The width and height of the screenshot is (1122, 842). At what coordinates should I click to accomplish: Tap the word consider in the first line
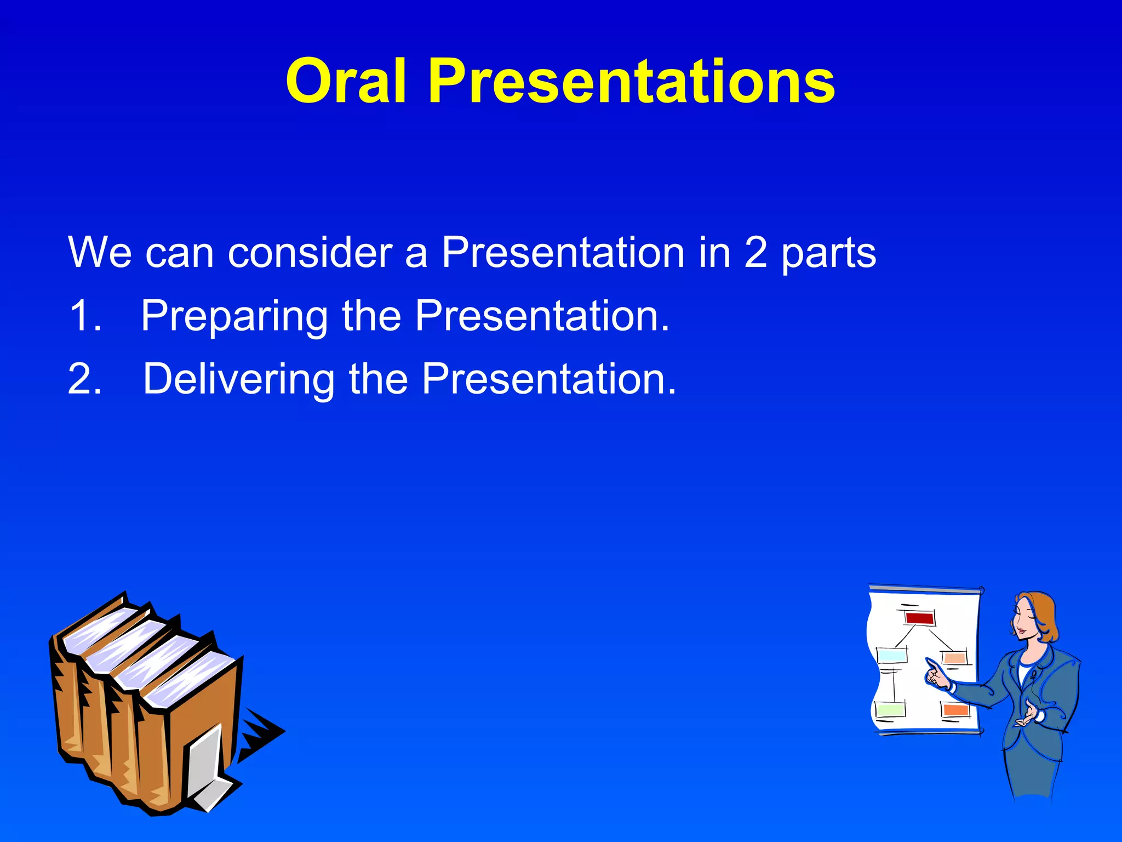tap(310, 253)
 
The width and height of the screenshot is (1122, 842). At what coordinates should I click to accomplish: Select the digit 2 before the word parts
tap(755, 253)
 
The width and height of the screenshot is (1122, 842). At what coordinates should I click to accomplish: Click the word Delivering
tap(239, 380)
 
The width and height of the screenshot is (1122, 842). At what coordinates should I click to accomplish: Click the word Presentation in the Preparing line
tap(542, 316)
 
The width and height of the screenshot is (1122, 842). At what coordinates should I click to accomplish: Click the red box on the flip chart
tap(919, 618)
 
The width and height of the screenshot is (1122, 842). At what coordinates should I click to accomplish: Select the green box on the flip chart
tap(890, 710)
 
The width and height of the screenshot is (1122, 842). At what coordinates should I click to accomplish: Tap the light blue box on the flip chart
tap(892, 655)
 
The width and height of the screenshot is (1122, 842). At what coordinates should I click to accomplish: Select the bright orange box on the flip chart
tap(957, 710)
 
